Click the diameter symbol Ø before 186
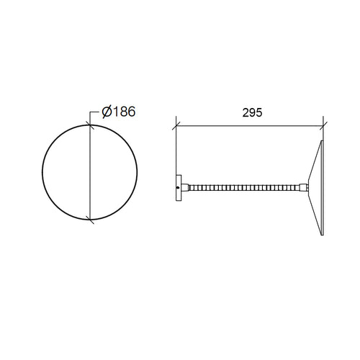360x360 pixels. tap(107, 112)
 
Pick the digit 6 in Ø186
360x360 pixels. tap(131, 112)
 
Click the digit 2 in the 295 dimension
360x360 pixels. tap(246, 113)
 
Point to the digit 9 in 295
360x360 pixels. tap(252, 113)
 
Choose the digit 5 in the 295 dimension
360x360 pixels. tap(259, 113)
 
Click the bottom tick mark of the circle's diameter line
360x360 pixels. tap(90, 220)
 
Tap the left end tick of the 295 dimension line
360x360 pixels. tap(176, 125)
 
